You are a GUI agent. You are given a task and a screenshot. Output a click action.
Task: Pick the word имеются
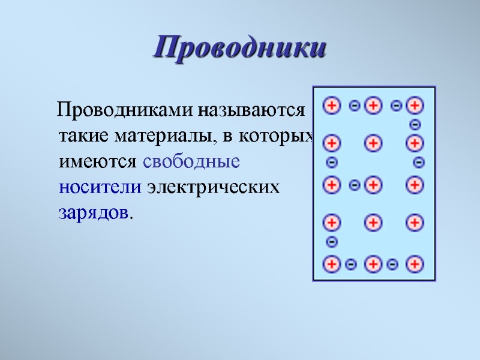point(98,162)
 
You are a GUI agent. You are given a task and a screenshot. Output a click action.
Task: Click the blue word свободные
point(192,162)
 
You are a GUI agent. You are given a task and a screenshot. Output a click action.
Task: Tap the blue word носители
point(100,187)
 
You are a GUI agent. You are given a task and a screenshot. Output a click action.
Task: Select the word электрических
point(214,187)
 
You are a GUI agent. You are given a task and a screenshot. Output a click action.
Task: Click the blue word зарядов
point(94,213)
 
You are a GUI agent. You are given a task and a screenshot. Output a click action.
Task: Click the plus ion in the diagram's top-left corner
point(331,106)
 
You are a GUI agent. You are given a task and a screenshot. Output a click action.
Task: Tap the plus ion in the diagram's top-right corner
point(415,106)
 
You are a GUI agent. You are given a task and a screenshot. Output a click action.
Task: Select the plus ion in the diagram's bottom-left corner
point(331,263)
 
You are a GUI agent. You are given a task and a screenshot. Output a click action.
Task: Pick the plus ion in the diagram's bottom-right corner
point(415,263)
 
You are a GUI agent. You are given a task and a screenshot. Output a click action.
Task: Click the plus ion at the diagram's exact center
point(373,185)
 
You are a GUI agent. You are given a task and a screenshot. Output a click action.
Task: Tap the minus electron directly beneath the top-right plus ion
point(415,125)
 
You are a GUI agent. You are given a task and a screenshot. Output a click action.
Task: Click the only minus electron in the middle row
point(354,185)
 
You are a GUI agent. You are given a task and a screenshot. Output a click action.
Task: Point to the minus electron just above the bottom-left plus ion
point(332,242)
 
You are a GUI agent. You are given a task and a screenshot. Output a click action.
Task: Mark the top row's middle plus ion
point(373,106)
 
